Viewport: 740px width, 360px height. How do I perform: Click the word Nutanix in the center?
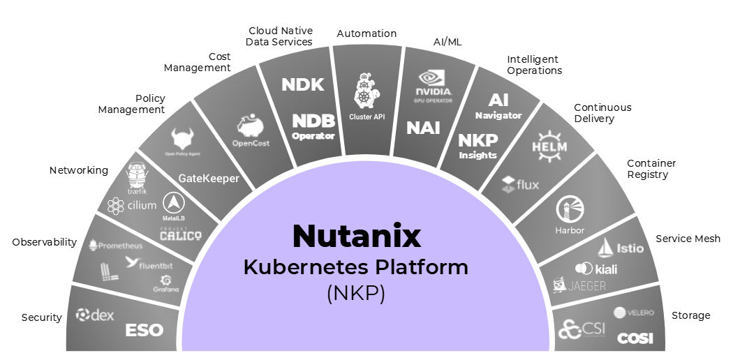pos(357,236)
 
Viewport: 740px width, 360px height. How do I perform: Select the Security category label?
pos(42,317)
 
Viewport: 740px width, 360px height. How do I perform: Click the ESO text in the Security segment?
pos(144,329)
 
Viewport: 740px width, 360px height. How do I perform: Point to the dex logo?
pos(95,315)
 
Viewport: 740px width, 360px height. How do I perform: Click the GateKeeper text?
pos(209,179)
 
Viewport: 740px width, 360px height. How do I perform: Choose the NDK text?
pos(303,85)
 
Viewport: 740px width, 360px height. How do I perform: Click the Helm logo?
pos(549,144)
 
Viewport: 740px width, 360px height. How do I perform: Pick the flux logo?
pos(520,185)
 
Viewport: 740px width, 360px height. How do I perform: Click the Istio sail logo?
pos(615,247)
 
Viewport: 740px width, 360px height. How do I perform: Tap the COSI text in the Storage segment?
pos(635,338)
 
